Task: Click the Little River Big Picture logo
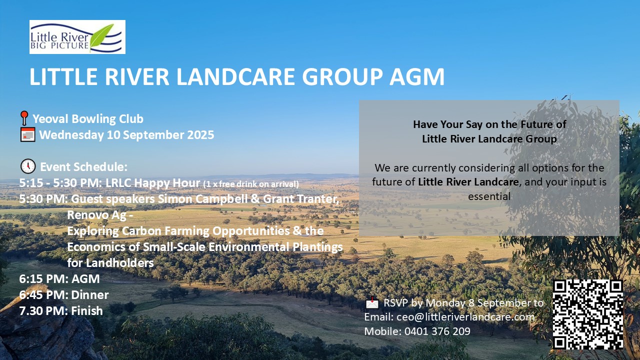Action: pyautogui.click(x=77, y=37)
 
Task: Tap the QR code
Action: pyautogui.click(x=588, y=314)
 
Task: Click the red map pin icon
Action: pyautogui.click(x=24, y=118)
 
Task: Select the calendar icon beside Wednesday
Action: pyautogui.click(x=27, y=134)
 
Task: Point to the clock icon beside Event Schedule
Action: pyautogui.click(x=28, y=166)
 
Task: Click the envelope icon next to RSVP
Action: pyautogui.click(x=372, y=302)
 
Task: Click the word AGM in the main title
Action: pyautogui.click(x=417, y=76)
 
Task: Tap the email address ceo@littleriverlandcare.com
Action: pyautogui.click(x=465, y=317)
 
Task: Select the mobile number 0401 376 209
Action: pyautogui.click(x=437, y=331)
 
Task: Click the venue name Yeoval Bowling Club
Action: pyautogui.click(x=88, y=119)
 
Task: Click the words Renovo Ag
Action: pyautogui.click(x=97, y=215)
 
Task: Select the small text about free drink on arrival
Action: pyautogui.click(x=251, y=184)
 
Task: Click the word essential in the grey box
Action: pyautogui.click(x=489, y=196)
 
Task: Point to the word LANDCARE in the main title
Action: pyautogui.click(x=235, y=76)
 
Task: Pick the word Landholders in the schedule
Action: pyautogui.click(x=120, y=263)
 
